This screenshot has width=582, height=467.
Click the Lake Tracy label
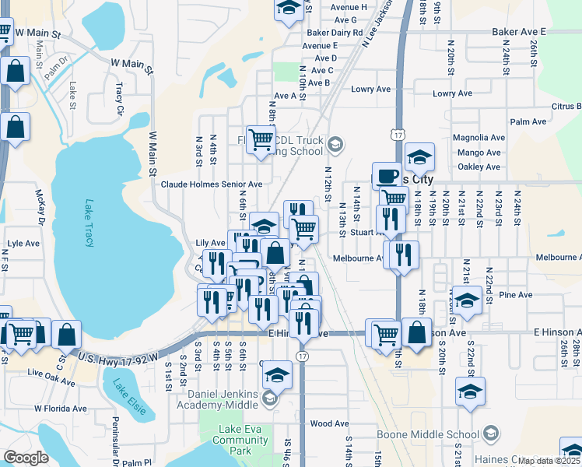pyautogui.click(x=88, y=223)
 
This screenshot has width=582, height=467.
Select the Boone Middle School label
pyautogui.click(x=427, y=434)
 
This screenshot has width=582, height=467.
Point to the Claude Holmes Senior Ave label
pyautogui.click(x=212, y=184)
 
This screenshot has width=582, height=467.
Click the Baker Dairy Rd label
pyautogui.click(x=335, y=33)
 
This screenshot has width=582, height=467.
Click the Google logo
pyautogui.click(x=26, y=458)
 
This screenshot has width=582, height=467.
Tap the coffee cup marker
pyautogui.click(x=387, y=176)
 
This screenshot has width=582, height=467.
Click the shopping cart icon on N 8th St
pyautogui.click(x=261, y=140)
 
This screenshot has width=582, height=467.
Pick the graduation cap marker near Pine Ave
pyautogui.click(x=467, y=300)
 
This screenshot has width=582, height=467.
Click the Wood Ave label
pyautogui.click(x=329, y=423)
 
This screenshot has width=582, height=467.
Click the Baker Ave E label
pyautogui.click(x=519, y=31)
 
